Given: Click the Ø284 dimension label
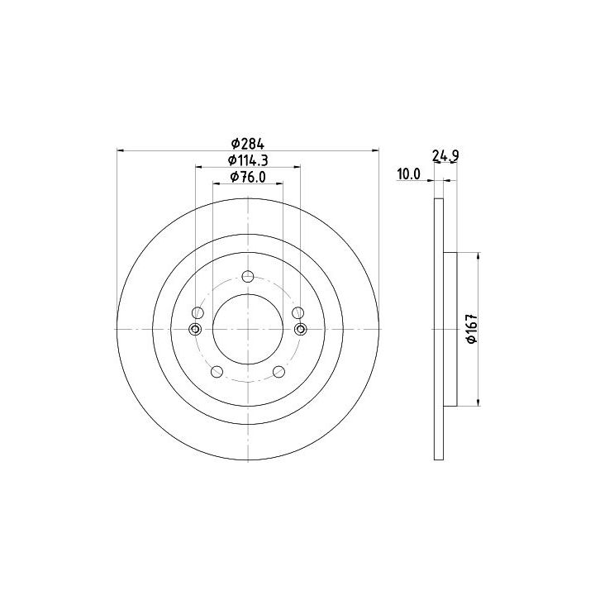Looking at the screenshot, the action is [247, 144].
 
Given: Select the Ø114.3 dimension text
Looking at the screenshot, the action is [248, 160].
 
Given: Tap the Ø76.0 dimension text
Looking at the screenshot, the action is [248, 177].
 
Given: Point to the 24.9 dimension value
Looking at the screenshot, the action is [445, 155].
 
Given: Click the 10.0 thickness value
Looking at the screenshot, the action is [409, 174].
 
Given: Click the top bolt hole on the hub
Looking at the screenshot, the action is [248, 276].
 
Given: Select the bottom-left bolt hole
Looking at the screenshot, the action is [217, 372].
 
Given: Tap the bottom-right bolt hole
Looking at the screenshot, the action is [279, 372].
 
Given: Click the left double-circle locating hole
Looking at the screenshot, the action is [195, 329].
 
